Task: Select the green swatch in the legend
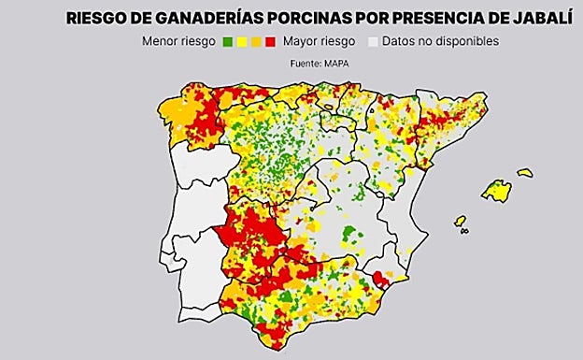(227, 42)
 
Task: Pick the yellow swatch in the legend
(241, 42)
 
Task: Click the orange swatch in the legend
(255, 42)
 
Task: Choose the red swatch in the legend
(269, 42)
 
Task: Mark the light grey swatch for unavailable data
(374, 42)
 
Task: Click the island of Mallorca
(496, 191)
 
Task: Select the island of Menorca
(525, 173)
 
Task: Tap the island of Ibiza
(460, 222)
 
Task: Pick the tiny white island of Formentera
(464, 231)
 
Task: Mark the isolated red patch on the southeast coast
(380, 279)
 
